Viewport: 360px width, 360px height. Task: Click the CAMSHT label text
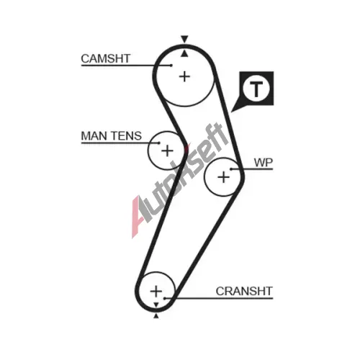[106, 58]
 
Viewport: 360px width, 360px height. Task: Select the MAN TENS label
[112, 136]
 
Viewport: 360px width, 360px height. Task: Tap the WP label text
[264, 163]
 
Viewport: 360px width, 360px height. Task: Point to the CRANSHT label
[244, 291]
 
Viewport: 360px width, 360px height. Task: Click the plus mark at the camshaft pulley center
[184, 77]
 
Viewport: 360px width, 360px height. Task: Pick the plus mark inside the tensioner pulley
[167, 150]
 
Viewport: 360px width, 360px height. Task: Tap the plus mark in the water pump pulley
[223, 177]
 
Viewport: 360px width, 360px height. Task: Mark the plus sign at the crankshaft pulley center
[156, 291]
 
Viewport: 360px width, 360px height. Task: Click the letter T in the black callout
[256, 89]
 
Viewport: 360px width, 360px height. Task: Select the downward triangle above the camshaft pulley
[184, 39]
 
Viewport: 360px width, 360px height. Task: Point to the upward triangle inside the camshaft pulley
[184, 54]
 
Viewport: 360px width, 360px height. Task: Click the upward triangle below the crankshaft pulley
[156, 316]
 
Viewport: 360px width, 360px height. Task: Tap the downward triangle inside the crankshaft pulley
[156, 305]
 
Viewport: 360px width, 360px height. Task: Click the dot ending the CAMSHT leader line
[171, 65]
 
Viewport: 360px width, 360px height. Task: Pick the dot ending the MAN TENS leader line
[159, 143]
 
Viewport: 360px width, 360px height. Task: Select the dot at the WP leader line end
[231, 169]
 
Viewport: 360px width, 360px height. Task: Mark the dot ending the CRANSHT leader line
[165, 299]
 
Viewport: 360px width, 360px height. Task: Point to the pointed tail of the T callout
[231, 112]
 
